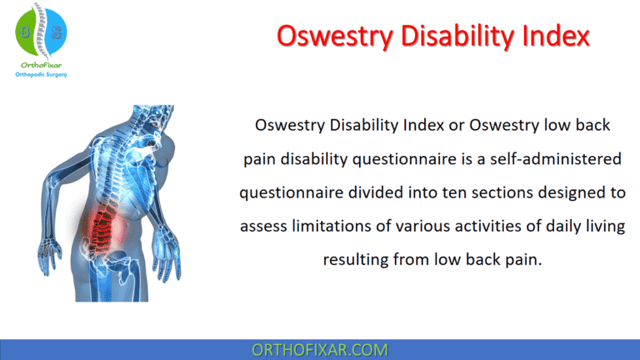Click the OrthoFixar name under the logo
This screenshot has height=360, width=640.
(x=41, y=63)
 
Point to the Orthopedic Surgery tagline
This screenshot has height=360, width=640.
(x=41, y=74)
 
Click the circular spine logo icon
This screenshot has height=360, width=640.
(x=41, y=30)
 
